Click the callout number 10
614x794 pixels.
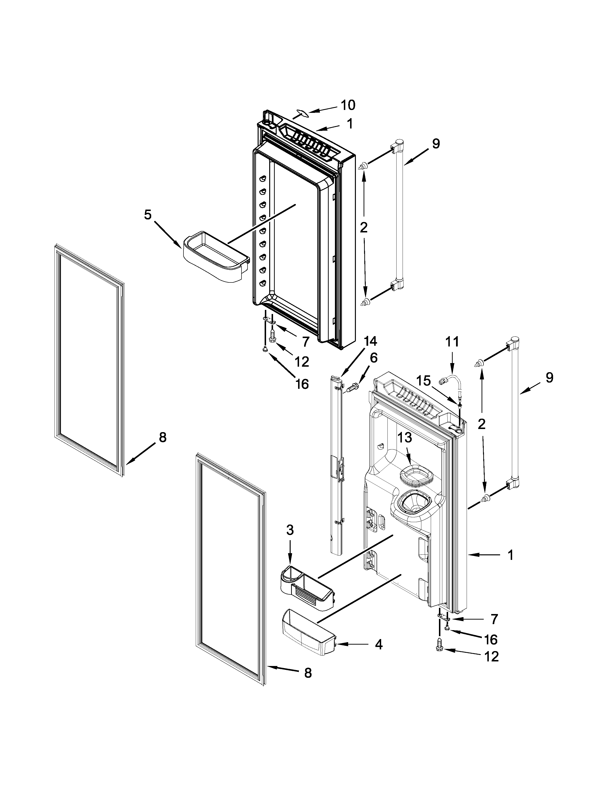pos(347,105)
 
